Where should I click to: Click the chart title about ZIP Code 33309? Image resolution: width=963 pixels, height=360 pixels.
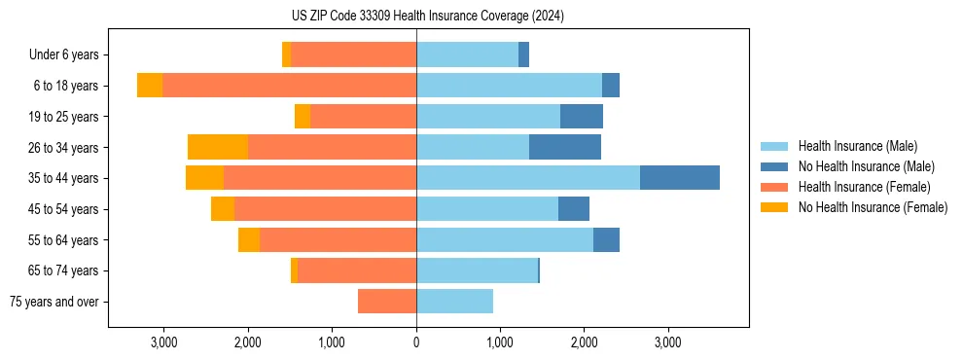(x=427, y=17)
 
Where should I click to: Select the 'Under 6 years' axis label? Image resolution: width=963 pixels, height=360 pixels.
(x=69, y=55)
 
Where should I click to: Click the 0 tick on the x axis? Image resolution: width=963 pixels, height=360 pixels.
(x=416, y=342)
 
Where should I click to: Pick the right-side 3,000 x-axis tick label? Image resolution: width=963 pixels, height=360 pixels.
(x=667, y=342)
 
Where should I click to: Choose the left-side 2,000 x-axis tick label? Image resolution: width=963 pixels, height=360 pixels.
(x=248, y=342)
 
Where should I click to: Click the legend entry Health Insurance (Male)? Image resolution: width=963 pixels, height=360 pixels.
(x=857, y=146)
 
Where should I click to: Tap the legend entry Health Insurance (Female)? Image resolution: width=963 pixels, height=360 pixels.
(x=864, y=187)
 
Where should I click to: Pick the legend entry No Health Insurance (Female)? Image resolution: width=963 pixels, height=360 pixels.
(x=873, y=207)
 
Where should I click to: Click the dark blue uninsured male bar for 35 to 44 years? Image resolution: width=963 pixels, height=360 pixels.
(x=680, y=178)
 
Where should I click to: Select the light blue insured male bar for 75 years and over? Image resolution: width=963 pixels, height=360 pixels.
(x=454, y=302)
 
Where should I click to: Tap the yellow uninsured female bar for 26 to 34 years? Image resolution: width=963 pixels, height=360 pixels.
(x=218, y=147)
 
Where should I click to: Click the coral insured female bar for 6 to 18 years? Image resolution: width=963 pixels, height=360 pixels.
(x=289, y=86)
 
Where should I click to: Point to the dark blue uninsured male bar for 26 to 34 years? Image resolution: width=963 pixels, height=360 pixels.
(x=565, y=147)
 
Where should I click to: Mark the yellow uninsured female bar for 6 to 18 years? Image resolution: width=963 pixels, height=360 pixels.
(x=150, y=86)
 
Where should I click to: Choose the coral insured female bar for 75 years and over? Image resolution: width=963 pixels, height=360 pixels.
(x=387, y=302)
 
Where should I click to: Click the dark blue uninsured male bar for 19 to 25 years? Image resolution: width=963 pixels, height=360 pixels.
(x=582, y=117)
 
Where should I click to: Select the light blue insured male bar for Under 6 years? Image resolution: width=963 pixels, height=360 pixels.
(x=467, y=55)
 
